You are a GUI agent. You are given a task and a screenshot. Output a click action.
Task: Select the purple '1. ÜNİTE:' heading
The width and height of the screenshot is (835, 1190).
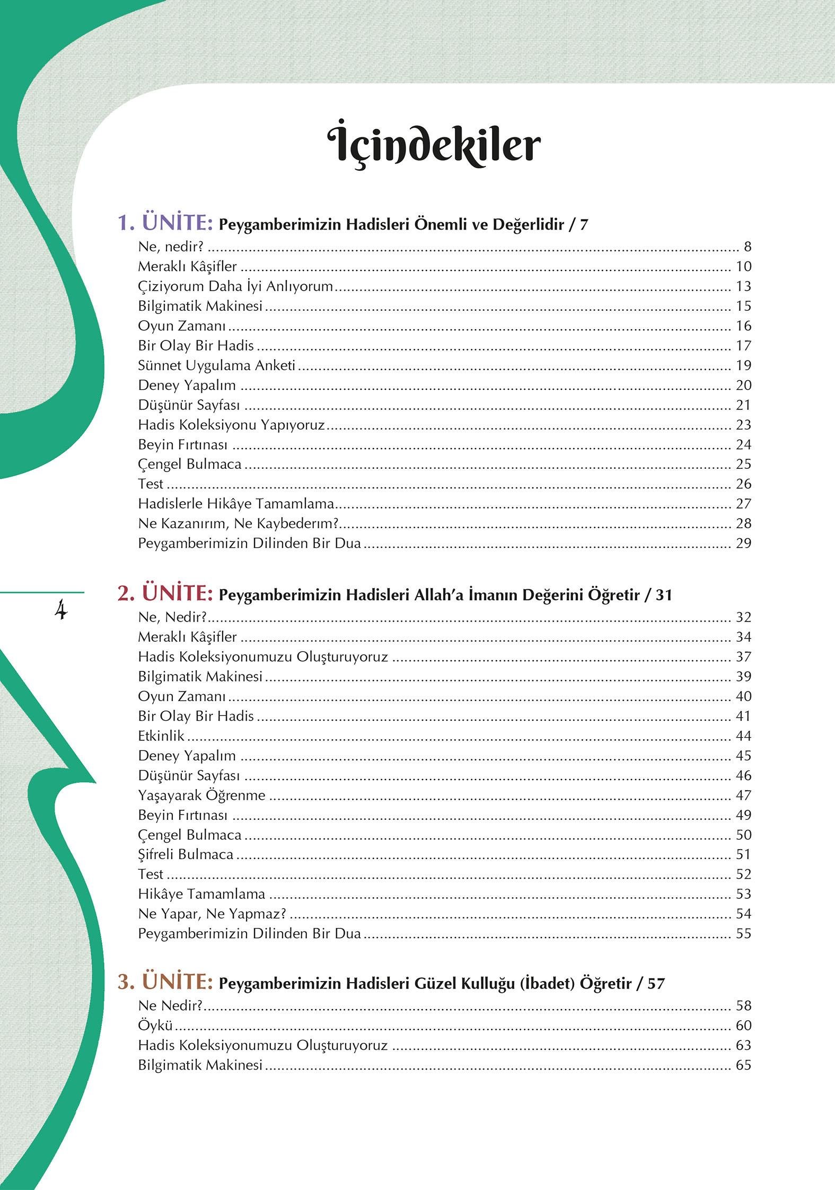(x=165, y=223)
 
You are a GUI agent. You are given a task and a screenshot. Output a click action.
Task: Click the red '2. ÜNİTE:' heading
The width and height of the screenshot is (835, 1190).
(x=165, y=594)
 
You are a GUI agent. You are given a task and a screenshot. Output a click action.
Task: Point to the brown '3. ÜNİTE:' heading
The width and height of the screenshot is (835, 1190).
(x=165, y=983)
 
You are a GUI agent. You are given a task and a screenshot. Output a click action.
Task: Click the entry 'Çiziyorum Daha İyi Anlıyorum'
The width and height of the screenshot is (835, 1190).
(x=235, y=286)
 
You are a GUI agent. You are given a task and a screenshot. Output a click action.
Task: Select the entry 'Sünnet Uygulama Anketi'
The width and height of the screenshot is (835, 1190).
(x=216, y=365)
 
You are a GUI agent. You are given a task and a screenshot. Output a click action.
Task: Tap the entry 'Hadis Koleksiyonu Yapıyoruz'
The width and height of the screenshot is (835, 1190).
(x=231, y=425)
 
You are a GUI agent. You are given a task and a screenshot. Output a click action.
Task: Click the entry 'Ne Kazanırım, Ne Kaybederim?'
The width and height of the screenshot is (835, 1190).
(x=238, y=523)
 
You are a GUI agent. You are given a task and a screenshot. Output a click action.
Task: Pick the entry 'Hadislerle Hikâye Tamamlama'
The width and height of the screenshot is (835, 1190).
(x=236, y=504)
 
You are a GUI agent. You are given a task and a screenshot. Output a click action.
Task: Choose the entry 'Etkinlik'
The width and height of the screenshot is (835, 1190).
(x=161, y=736)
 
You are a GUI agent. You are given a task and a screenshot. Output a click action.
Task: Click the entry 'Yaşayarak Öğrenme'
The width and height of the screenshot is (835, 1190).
(x=201, y=795)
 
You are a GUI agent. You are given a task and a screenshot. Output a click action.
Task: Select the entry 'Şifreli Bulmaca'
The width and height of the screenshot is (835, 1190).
(x=186, y=854)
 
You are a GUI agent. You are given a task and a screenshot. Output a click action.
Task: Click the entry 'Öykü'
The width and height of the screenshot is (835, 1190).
(x=155, y=1026)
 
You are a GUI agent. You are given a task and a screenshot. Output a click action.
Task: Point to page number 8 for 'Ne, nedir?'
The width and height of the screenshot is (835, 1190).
(x=748, y=247)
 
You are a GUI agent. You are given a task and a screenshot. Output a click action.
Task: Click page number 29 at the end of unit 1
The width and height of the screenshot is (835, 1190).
(x=743, y=543)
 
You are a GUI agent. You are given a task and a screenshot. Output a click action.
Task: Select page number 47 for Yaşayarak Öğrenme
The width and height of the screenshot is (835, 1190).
(x=743, y=795)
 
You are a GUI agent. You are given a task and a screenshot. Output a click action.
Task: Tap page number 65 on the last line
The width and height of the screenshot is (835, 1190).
(x=743, y=1065)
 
